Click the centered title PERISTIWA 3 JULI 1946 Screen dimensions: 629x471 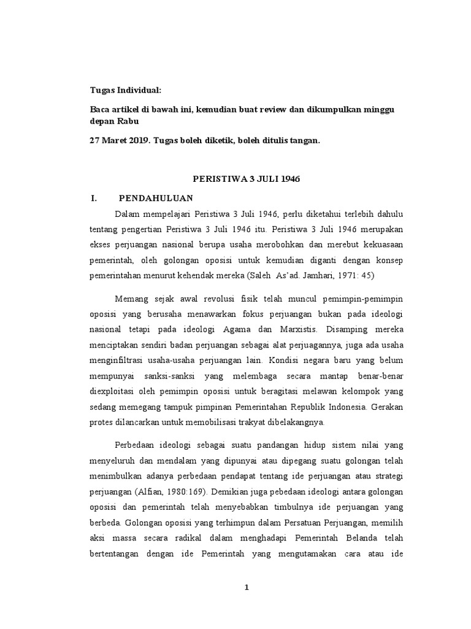245,179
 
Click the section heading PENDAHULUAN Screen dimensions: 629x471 156,198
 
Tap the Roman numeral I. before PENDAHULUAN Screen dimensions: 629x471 94,198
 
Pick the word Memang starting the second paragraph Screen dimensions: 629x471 131,299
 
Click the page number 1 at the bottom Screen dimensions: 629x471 247,587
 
